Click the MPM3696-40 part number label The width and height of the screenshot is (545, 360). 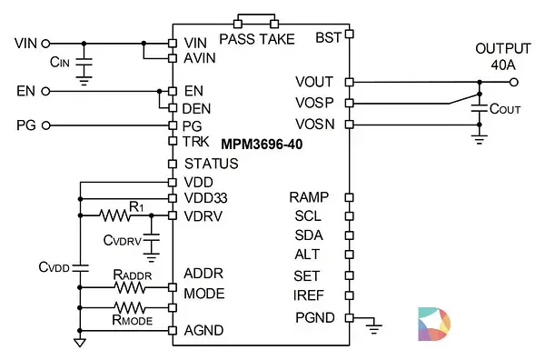[x=262, y=145]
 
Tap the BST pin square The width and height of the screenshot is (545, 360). [x=350, y=34]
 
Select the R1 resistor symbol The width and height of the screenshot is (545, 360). [x=114, y=215]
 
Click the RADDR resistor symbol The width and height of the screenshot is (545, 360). [x=130, y=287]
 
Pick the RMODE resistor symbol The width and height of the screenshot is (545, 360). [x=130, y=308]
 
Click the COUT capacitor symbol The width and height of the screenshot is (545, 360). [x=480, y=108]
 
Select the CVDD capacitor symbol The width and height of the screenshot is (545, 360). [x=80, y=268]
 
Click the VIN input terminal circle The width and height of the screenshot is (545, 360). [x=45, y=44]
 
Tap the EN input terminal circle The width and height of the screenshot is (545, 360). [x=45, y=92]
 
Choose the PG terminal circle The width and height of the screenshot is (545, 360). [x=46, y=125]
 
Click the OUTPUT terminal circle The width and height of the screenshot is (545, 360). [x=514, y=82]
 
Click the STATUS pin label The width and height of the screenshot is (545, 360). [x=212, y=164]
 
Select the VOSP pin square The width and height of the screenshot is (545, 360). [x=350, y=103]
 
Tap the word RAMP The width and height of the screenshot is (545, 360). [x=309, y=197]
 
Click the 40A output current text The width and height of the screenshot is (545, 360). [x=502, y=65]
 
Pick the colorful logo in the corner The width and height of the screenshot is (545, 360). [x=434, y=324]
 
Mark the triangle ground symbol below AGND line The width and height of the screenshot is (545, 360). [x=80, y=343]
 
